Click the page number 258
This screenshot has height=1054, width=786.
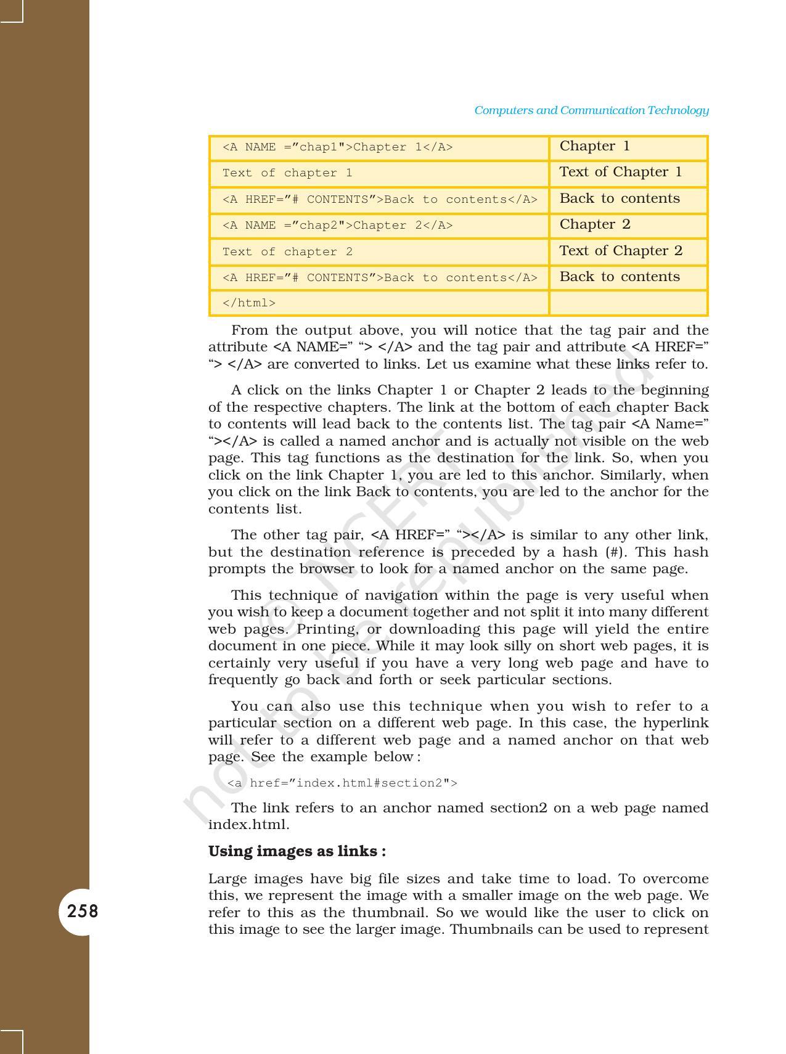[x=82, y=911]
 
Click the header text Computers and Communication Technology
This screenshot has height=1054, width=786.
[x=591, y=110]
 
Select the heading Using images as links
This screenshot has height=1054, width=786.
[x=297, y=851]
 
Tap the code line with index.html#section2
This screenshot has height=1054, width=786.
[x=342, y=783]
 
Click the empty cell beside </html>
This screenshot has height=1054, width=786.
[x=628, y=303]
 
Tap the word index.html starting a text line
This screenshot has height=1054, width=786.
[x=248, y=825]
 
